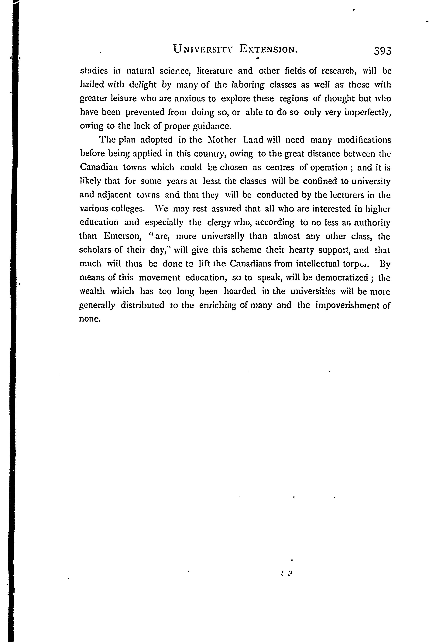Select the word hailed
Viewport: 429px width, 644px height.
[92, 85]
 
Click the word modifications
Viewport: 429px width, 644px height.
[364, 140]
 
